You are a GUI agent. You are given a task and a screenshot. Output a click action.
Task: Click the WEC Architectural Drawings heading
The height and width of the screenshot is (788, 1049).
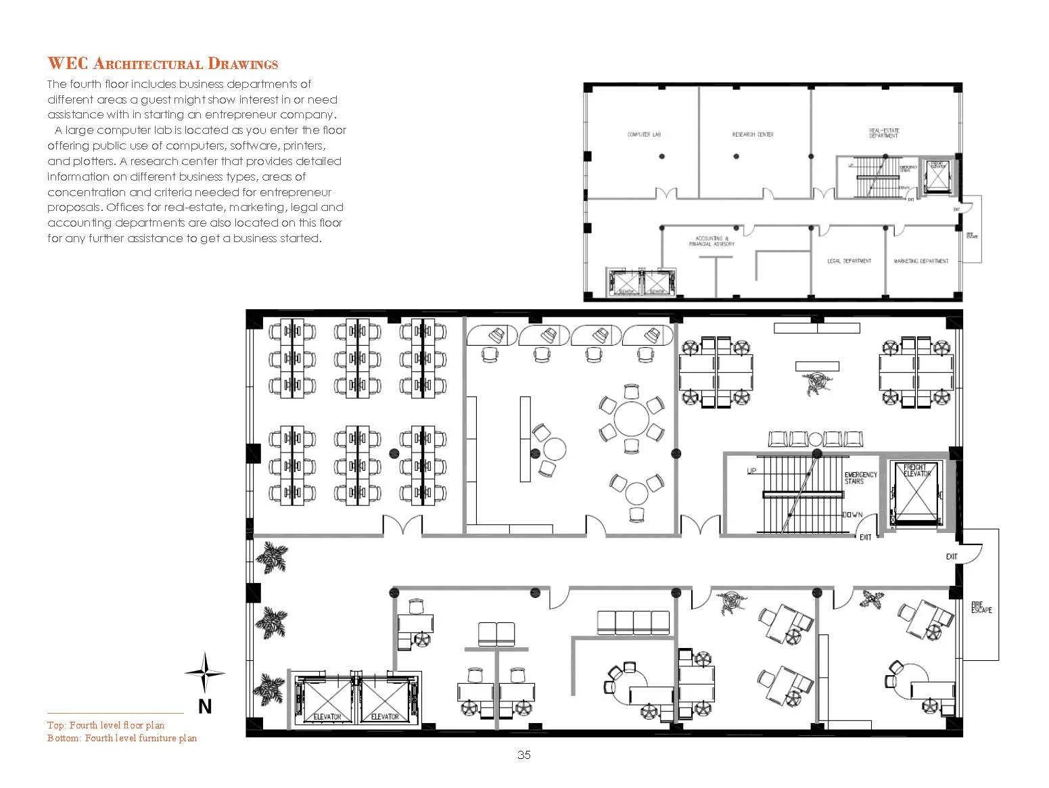[162, 64]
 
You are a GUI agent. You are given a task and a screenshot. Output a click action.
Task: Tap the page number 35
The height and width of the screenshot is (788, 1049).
[523, 755]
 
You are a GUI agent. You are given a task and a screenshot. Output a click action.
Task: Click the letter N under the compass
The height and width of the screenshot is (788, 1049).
[205, 707]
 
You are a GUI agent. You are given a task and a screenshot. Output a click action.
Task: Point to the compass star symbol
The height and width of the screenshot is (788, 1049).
[205, 672]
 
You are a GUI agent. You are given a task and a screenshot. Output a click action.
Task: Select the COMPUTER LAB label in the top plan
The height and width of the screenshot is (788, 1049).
[643, 135]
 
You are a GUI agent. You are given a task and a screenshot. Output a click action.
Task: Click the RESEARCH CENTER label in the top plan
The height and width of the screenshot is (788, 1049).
[753, 135]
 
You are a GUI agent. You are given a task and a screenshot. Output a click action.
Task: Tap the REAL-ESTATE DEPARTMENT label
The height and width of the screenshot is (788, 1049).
[884, 133]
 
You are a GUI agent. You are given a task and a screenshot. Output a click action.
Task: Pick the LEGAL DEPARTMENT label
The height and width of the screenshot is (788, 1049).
[849, 261]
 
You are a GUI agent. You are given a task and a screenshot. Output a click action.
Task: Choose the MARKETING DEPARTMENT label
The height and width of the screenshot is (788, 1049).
[920, 261]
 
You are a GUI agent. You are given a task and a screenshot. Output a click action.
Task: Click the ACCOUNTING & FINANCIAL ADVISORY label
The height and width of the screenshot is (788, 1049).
[712, 241]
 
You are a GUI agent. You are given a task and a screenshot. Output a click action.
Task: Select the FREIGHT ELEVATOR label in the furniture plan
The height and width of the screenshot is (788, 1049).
[917, 470]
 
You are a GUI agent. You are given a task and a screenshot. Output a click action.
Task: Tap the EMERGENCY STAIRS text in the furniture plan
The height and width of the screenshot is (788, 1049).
[860, 478]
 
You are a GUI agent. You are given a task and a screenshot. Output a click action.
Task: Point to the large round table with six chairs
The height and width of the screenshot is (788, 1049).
[631, 419]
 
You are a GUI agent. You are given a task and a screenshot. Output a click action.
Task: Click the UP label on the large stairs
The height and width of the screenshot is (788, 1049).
[751, 471]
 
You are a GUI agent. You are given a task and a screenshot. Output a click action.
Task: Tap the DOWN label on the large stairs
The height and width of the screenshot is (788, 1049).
[852, 515]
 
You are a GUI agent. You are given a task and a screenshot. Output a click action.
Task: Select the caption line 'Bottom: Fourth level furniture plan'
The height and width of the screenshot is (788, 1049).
[122, 738]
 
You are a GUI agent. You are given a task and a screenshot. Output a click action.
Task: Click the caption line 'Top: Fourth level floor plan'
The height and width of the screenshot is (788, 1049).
[106, 725]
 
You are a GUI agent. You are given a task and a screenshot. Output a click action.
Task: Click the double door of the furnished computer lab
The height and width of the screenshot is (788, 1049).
[403, 526]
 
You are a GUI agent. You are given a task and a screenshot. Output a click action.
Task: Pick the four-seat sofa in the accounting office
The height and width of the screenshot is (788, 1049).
[633, 623]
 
